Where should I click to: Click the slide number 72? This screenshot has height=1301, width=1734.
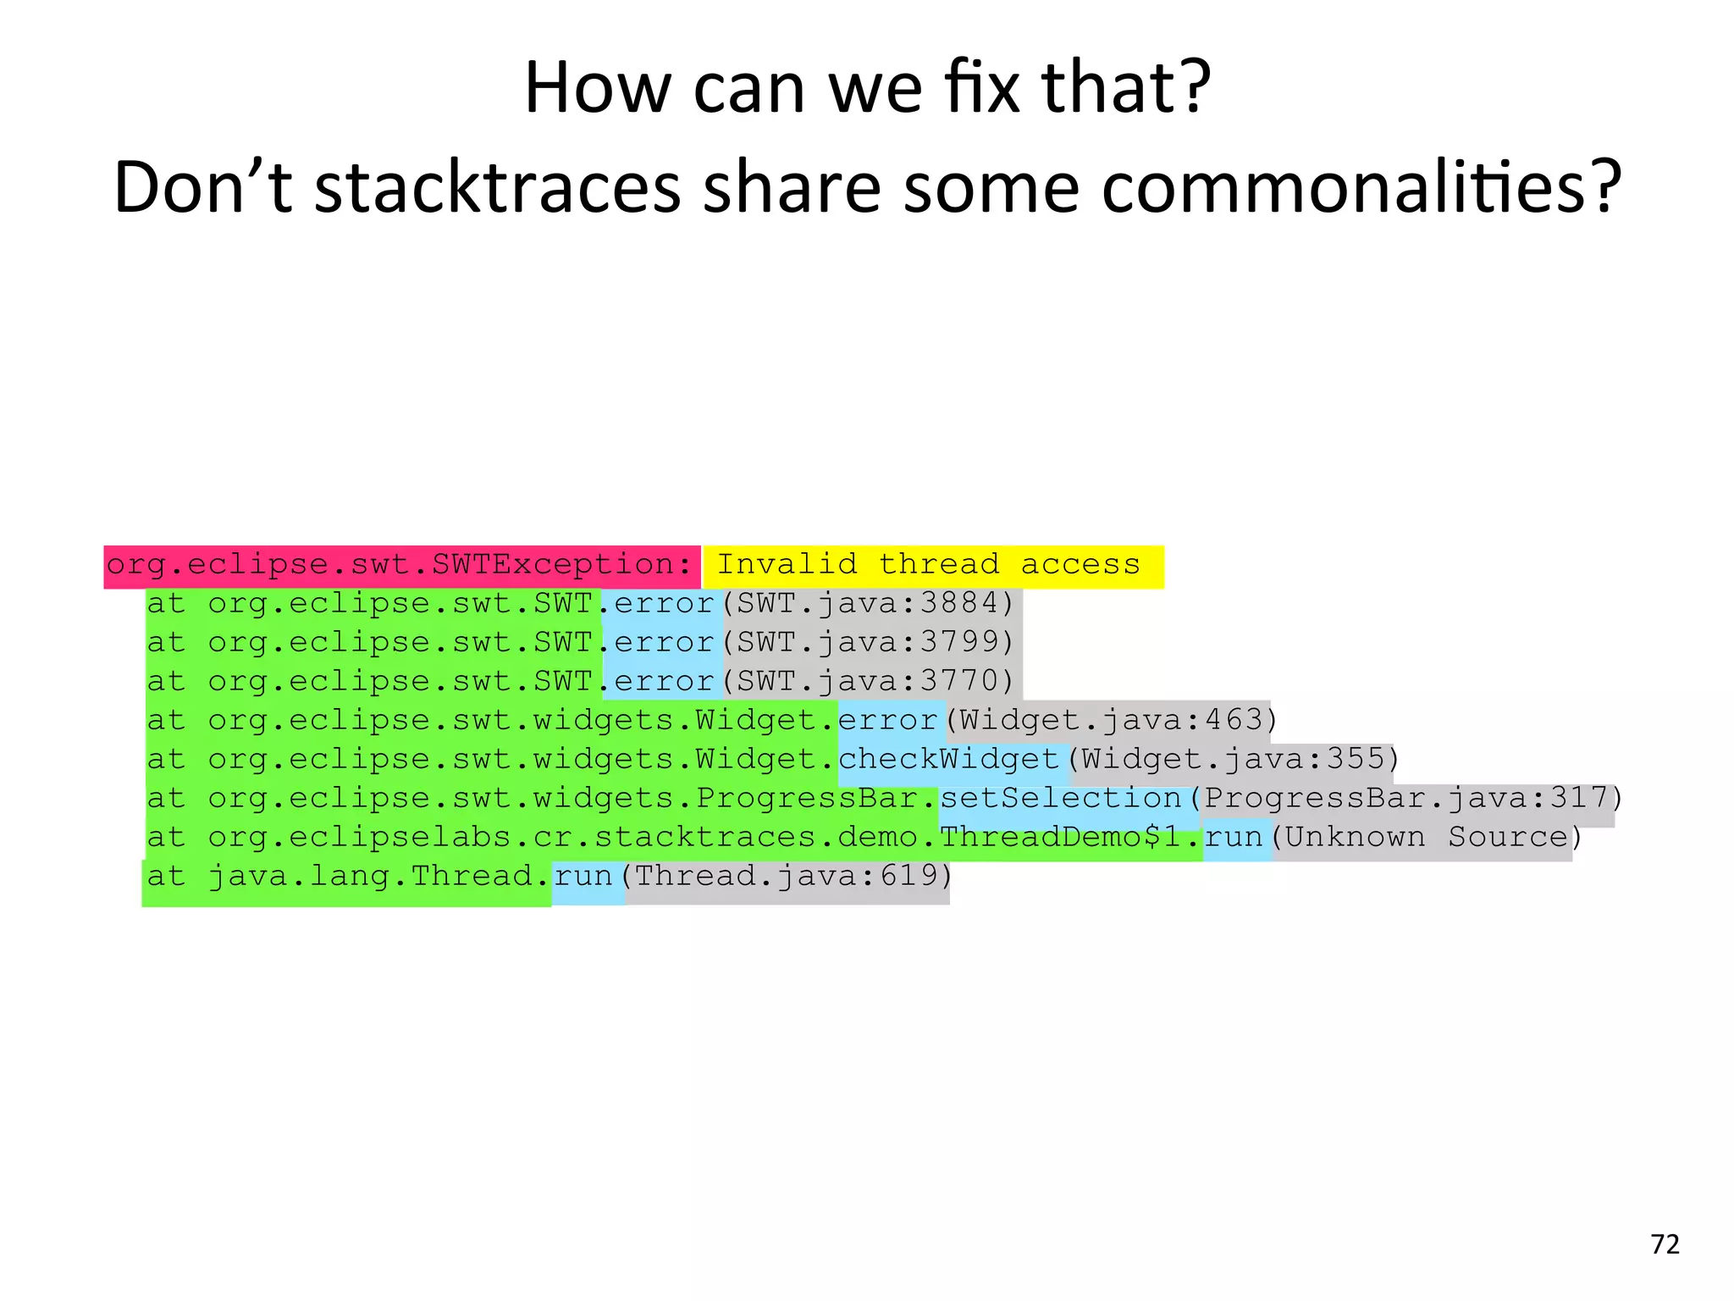pos(1665,1244)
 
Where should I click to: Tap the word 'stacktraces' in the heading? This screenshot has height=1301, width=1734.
pos(498,187)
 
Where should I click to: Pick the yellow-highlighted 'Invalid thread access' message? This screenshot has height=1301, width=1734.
pos(929,565)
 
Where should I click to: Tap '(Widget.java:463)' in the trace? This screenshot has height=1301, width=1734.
pos(1111,720)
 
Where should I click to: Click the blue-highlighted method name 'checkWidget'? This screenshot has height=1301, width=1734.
pos(949,759)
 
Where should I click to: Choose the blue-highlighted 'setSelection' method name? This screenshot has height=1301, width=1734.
pos(1061,798)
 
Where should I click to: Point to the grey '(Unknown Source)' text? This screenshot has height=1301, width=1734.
pos(1426,837)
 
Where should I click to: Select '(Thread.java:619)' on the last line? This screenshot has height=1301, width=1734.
pos(787,876)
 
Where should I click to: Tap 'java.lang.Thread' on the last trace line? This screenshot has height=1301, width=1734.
pos(371,876)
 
